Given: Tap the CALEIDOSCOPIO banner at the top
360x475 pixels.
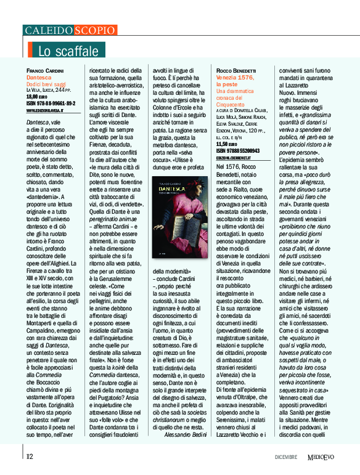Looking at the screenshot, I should coord(70,30).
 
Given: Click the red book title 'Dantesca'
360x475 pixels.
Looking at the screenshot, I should coord(39,78).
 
